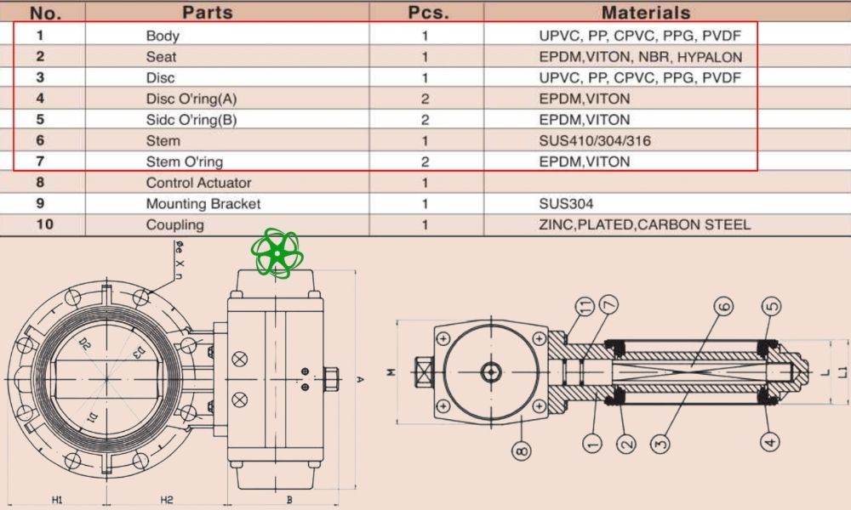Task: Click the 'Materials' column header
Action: tap(646, 13)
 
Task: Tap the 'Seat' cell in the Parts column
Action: tap(161, 57)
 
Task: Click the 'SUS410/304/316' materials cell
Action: tap(595, 141)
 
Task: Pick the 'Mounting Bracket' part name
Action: tap(203, 204)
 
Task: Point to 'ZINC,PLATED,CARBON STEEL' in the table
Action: tap(644, 225)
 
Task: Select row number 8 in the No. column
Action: tap(40, 183)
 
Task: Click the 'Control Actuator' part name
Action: tap(198, 183)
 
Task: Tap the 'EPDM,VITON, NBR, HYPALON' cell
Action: tap(640, 57)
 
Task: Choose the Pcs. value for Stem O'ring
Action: tap(425, 161)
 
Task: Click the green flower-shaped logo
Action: tap(277, 252)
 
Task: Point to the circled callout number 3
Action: tap(660, 441)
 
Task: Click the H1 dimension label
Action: tap(57, 500)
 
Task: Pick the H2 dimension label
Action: tap(167, 500)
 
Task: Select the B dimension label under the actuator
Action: tap(289, 500)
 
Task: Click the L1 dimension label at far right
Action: tap(842, 371)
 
